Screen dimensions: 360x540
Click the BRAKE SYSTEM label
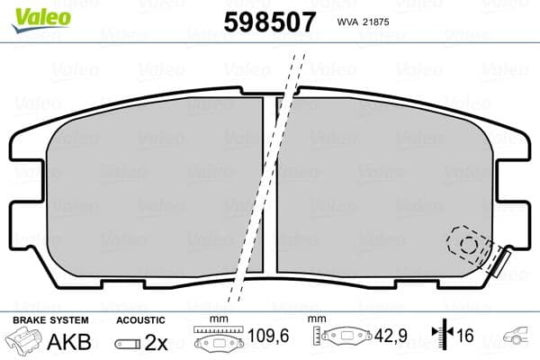(x=49, y=319)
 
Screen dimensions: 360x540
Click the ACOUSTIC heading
(x=141, y=319)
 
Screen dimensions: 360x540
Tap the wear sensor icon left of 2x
(x=128, y=344)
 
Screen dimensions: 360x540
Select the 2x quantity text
(x=157, y=343)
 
